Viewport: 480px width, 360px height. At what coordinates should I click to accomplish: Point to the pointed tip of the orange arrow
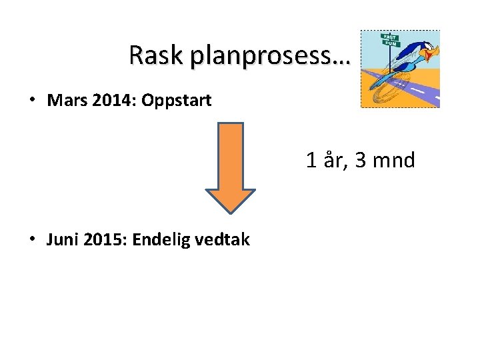230,212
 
